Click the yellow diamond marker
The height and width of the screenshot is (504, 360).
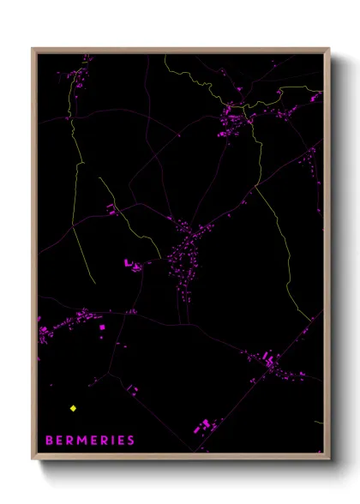[x=74, y=408]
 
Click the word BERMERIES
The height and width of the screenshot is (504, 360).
[x=90, y=441]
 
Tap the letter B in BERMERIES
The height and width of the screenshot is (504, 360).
[x=49, y=441]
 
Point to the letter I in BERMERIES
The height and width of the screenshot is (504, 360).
[x=114, y=441]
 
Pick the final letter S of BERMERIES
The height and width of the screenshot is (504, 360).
[x=131, y=441]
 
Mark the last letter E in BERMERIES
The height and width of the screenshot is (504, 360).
[x=122, y=441]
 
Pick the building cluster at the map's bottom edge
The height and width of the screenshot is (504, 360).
[x=206, y=425]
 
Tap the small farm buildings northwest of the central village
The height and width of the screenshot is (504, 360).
[x=111, y=209]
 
